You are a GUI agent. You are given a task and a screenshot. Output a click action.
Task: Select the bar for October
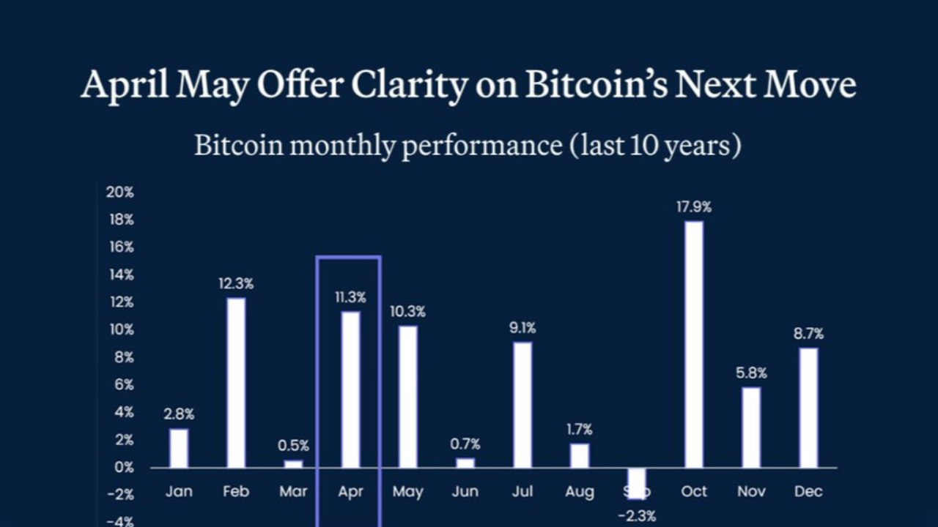(694, 344)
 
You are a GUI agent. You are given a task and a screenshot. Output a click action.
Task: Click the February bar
(236, 382)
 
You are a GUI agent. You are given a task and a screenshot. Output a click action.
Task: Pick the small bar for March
(293, 463)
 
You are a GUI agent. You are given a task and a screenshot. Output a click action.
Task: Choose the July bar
(522, 404)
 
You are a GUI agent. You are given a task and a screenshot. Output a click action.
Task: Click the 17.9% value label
(694, 207)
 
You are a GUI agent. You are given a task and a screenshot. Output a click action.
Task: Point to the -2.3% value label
(637, 516)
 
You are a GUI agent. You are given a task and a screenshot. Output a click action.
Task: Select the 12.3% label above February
(236, 284)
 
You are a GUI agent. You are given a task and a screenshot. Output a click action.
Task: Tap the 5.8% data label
(751, 373)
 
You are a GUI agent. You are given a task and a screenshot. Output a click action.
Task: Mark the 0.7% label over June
(465, 444)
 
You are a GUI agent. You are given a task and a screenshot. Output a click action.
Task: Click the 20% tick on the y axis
(120, 193)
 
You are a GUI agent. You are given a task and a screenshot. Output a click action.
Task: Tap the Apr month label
(350, 492)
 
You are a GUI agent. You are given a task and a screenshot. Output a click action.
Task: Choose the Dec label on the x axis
(808, 492)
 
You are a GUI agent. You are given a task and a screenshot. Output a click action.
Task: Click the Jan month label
(179, 492)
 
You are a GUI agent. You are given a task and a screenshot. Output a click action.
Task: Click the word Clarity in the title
(408, 86)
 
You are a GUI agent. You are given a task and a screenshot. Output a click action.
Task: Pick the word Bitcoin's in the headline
(596, 86)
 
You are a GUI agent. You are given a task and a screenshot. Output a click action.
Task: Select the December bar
(808, 407)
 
